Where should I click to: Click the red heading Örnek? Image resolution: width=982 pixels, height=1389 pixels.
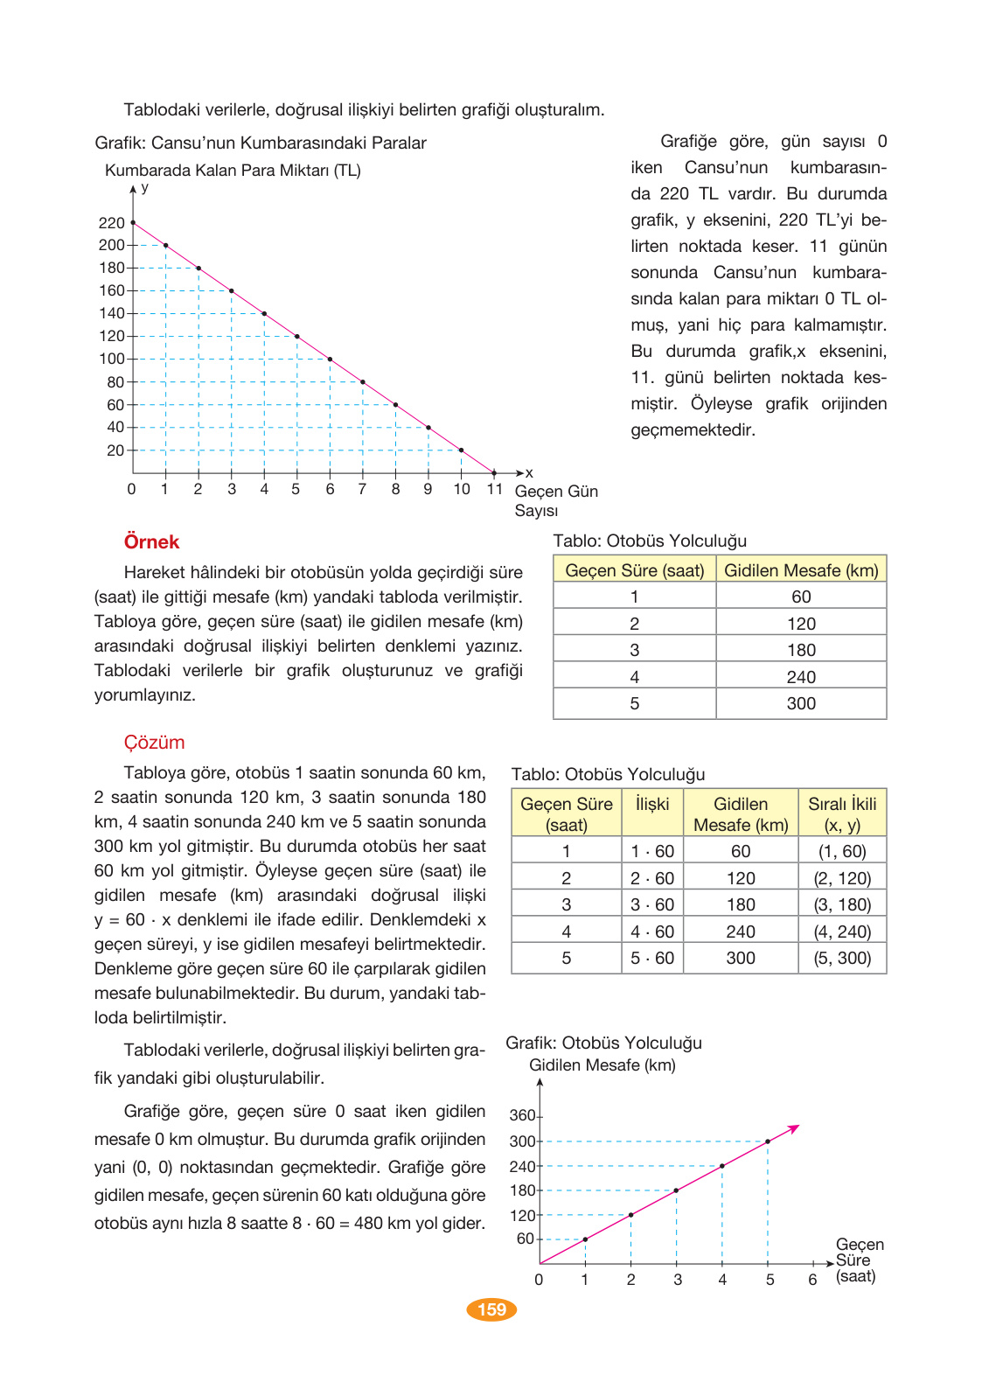tap(151, 542)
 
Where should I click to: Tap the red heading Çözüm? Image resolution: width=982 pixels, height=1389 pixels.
tap(154, 743)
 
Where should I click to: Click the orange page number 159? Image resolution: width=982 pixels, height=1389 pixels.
tap(491, 1309)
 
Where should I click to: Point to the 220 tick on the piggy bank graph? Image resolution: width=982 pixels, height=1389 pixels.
tap(112, 223)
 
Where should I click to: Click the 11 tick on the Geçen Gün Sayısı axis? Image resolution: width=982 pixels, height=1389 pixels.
tap(494, 489)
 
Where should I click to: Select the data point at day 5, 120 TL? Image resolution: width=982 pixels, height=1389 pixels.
tap(297, 336)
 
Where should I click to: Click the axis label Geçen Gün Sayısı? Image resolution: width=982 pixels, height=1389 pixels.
tap(555, 500)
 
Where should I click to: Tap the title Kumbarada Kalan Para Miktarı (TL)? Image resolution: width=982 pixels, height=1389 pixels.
tap(233, 171)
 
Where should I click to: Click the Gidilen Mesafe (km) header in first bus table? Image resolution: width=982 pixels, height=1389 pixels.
tap(801, 570)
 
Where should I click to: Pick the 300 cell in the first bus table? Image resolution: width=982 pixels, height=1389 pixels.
tap(801, 703)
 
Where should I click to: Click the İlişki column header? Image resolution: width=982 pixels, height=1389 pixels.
tap(652, 804)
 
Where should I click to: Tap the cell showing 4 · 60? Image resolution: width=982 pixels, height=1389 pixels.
tap(652, 932)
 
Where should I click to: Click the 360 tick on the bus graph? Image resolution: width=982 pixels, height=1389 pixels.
tap(522, 1115)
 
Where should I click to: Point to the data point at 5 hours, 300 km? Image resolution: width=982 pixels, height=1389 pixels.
tap(768, 1141)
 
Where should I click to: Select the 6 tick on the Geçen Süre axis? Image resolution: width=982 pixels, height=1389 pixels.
tap(812, 1280)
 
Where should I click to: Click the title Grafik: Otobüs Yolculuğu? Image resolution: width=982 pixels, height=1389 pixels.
tap(603, 1043)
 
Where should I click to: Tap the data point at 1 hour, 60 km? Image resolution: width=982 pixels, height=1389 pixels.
tap(585, 1239)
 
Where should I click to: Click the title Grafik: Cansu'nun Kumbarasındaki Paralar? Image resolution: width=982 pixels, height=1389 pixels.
tap(261, 143)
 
